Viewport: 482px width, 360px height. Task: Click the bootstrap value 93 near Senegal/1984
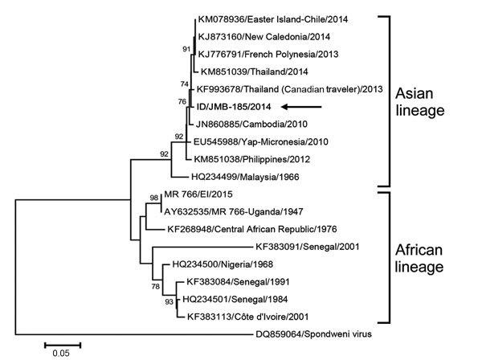pyautogui.click(x=167, y=302)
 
